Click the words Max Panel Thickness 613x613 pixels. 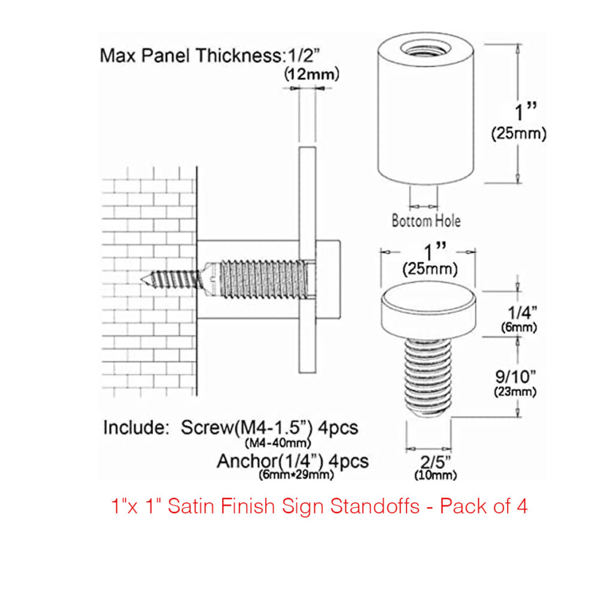pyautogui.click(x=190, y=56)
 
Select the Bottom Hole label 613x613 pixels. pyautogui.click(x=426, y=220)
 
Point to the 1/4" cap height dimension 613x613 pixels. pyautogui.click(x=518, y=312)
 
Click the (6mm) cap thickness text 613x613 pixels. pyautogui.click(x=518, y=327)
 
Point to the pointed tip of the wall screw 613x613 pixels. pyautogui.click(x=145, y=280)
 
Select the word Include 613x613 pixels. pyautogui.click(x=136, y=428)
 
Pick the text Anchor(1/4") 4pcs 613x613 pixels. pyautogui.click(x=293, y=462)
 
